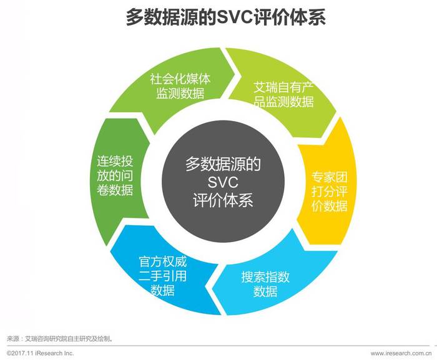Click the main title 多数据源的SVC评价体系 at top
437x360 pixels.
(226, 17)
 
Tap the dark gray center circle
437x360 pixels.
(223, 181)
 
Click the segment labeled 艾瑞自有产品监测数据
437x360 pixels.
(282, 95)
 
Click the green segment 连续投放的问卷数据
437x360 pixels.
(117, 178)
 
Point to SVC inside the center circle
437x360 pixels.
(223, 182)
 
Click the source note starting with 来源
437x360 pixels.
(60, 339)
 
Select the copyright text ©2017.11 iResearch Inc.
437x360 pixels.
(40, 353)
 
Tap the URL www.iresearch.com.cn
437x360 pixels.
(401, 353)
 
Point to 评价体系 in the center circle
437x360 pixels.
(223, 200)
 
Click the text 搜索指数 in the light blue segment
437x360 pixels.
(265, 277)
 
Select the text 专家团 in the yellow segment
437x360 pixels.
(330, 177)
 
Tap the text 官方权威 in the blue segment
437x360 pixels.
(163, 262)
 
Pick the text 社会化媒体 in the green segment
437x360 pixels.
(180, 79)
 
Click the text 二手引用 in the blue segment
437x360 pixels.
(163, 276)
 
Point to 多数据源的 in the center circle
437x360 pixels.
(223, 164)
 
